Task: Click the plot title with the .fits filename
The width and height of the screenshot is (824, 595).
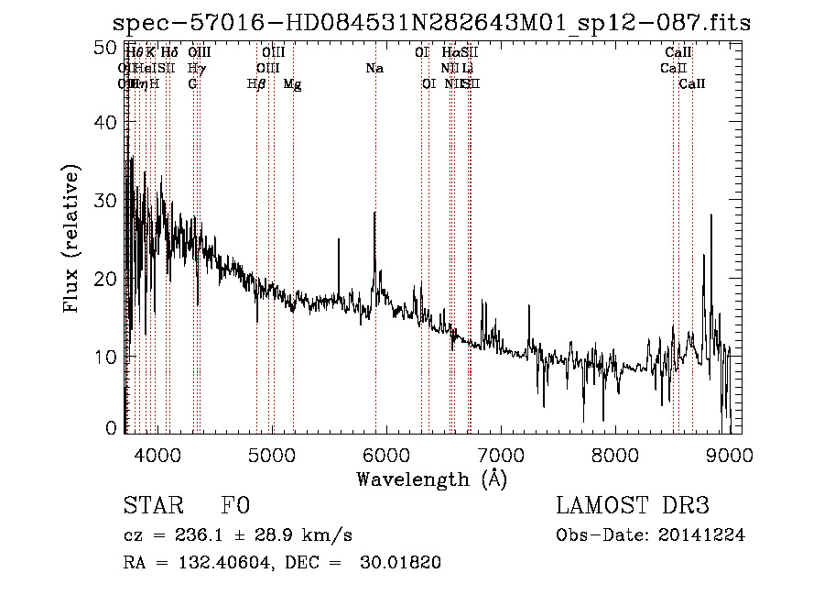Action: (x=430, y=23)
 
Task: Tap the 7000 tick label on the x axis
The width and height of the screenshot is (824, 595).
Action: (x=501, y=453)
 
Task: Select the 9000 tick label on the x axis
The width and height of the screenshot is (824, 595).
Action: (x=730, y=453)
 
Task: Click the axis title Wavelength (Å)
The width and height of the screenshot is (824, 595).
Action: (x=431, y=479)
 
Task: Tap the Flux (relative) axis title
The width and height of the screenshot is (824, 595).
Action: (x=72, y=238)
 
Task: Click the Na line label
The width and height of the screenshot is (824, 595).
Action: (x=374, y=68)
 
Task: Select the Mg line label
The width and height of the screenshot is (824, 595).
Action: (x=292, y=83)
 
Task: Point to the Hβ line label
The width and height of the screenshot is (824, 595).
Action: (x=256, y=83)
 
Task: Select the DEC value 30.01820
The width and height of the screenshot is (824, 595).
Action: (x=402, y=563)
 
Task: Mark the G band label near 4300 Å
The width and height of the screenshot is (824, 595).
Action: (x=192, y=83)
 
